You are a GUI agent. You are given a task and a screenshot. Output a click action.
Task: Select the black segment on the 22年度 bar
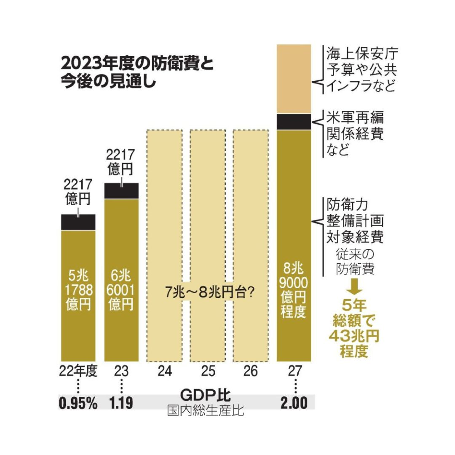pyautogui.click(x=78, y=222)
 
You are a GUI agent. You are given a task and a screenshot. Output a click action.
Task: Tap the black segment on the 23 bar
pyautogui.click(x=121, y=191)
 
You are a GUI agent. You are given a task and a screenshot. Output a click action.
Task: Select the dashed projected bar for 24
pyautogui.click(x=164, y=211)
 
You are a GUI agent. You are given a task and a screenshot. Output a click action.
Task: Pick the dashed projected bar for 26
pyautogui.click(x=251, y=211)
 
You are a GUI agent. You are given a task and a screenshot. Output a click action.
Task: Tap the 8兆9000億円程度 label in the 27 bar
pyautogui.click(x=293, y=291)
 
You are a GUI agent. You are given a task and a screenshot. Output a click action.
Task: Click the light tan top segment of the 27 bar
pyautogui.click(x=294, y=79)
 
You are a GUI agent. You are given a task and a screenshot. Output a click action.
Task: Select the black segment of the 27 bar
pyautogui.click(x=294, y=122)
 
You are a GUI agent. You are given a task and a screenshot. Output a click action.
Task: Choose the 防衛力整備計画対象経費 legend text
pyautogui.click(x=355, y=221)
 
